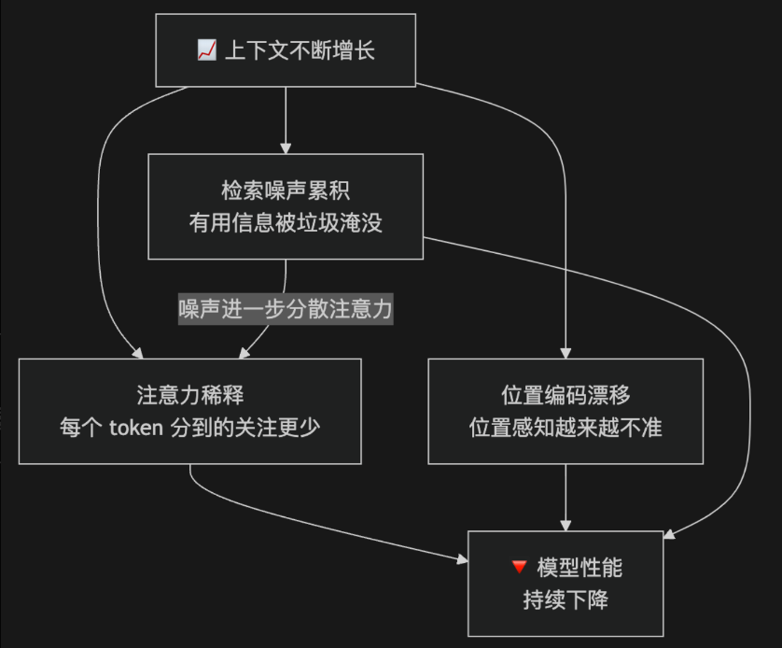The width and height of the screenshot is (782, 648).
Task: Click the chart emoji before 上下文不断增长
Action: (207, 50)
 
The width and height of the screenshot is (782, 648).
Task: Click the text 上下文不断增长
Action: (300, 50)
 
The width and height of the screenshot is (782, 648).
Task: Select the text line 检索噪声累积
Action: (286, 190)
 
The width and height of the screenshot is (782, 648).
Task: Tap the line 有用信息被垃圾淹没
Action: (286, 223)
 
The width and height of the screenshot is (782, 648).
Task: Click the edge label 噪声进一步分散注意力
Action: (286, 309)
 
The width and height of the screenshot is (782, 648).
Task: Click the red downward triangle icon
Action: (520, 566)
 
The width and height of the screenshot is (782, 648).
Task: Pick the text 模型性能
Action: (580, 566)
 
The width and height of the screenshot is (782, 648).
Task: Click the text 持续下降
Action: (566, 599)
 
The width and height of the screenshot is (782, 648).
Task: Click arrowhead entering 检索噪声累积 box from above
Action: (286, 148)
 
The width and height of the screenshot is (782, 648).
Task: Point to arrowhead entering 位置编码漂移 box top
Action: (566, 353)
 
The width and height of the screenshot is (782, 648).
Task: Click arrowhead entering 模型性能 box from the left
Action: (461, 559)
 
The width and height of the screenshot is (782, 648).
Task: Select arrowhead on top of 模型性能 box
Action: (566, 525)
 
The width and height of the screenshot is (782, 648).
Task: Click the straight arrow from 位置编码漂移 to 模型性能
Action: (566, 495)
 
